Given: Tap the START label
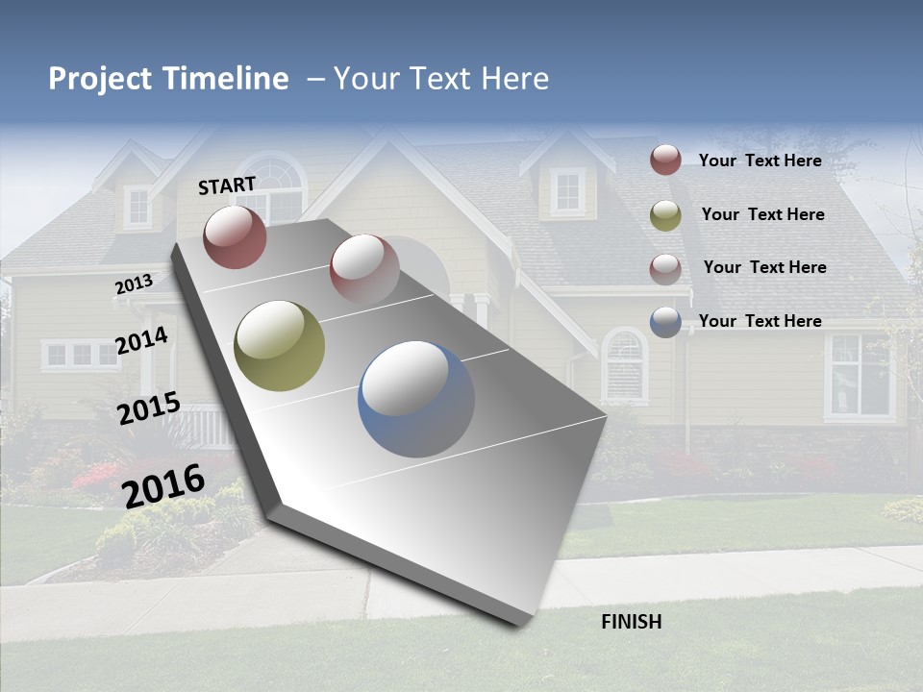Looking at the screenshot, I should [x=227, y=185].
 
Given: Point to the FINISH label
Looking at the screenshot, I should [x=631, y=622].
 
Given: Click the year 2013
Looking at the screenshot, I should [x=134, y=284].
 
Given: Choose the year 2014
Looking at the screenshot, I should [x=142, y=340].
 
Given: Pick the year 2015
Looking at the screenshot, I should [x=149, y=408].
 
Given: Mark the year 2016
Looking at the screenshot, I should [x=163, y=485].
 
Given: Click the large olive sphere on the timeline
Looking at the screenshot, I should [x=280, y=346].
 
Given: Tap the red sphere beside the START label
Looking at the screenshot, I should [x=235, y=236].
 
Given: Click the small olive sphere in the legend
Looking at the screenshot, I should [x=665, y=215].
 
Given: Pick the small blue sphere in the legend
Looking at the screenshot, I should [x=665, y=322].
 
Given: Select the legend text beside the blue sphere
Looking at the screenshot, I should [x=760, y=321].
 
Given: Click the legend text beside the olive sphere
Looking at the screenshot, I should [x=762, y=214].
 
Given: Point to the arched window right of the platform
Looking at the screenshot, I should [x=624, y=364].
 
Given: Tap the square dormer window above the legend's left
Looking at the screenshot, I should [x=567, y=191].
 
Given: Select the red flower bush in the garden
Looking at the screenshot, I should [x=96, y=475].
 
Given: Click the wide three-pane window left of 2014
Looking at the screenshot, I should [x=81, y=355].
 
